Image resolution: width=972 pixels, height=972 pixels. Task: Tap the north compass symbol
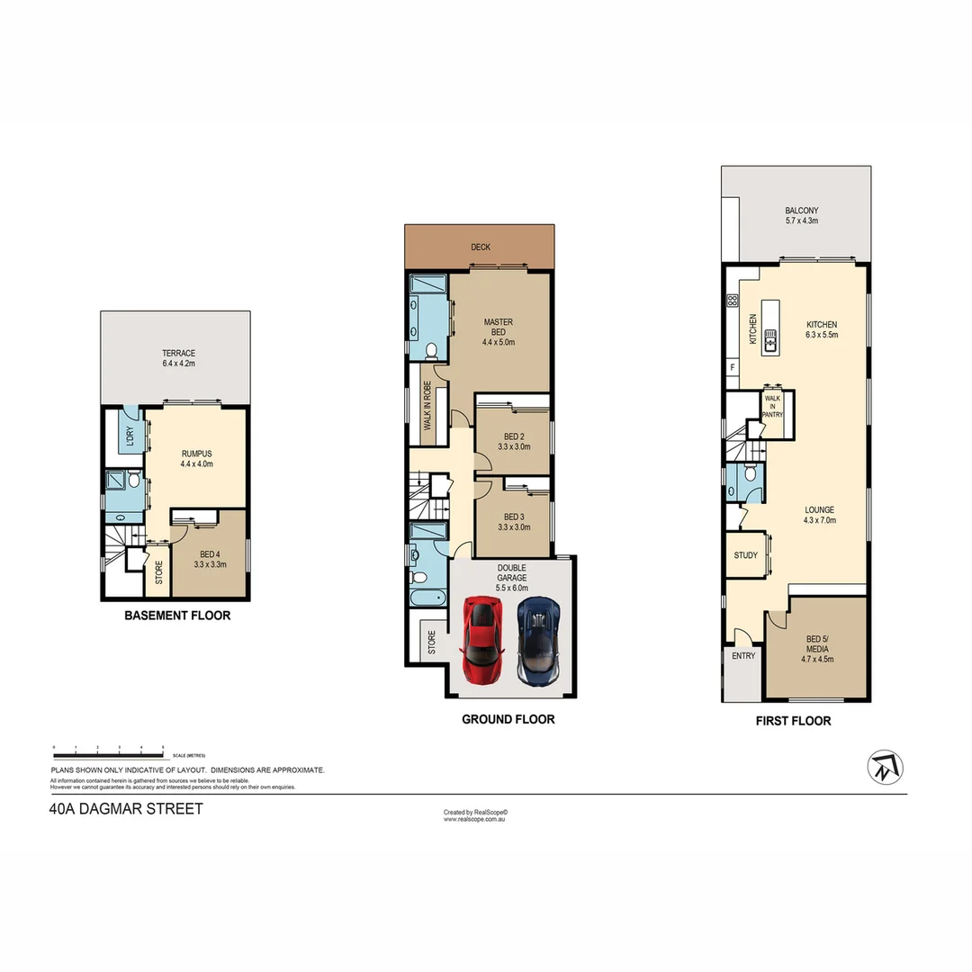pyautogui.click(x=885, y=767)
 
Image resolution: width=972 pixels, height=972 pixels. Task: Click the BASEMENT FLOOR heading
pyautogui.click(x=177, y=616)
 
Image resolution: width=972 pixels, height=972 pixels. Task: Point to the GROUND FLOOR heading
pyautogui.click(x=508, y=719)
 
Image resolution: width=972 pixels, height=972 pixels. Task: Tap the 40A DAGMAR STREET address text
pyautogui.click(x=126, y=808)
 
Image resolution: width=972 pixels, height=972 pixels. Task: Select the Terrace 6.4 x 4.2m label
pyautogui.click(x=178, y=358)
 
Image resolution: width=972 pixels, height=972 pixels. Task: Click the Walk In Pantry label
pyautogui.click(x=773, y=405)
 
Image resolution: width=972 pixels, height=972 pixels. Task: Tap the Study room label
pyautogui.click(x=745, y=555)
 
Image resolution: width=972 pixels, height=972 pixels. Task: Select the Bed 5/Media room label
pyautogui.click(x=817, y=649)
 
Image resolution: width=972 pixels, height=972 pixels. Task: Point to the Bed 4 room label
pyautogui.click(x=209, y=559)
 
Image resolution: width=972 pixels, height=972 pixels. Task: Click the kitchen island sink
pyautogui.click(x=771, y=338)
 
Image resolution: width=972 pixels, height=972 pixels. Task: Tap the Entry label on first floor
pyautogui.click(x=743, y=656)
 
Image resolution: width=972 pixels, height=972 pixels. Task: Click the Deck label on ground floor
pyautogui.click(x=480, y=247)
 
